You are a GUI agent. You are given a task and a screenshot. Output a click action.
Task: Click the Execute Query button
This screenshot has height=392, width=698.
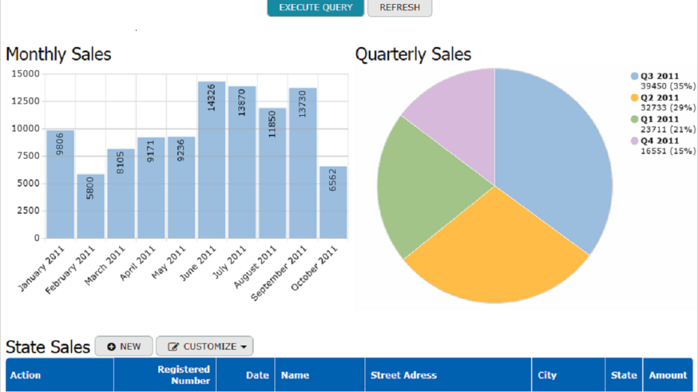click(x=316, y=7)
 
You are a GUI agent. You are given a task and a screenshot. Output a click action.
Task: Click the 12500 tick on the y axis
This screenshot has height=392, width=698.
click(x=25, y=101)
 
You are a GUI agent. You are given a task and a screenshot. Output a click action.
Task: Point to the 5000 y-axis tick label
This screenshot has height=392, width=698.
click(x=28, y=183)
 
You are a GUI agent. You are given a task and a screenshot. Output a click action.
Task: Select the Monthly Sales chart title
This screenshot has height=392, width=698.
click(x=59, y=54)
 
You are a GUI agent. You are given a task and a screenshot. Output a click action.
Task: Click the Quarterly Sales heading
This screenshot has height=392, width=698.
click(x=413, y=54)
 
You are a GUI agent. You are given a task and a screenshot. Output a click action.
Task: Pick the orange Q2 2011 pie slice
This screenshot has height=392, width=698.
click(x=491, y=252)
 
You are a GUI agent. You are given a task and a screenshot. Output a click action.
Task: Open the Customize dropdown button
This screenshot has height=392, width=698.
click(x=204, y=346)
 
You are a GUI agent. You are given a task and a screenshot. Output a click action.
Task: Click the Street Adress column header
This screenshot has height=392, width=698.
click(x=404, y=375)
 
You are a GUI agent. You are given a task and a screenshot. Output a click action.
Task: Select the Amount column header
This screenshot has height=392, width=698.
click(x=667, y=375)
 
